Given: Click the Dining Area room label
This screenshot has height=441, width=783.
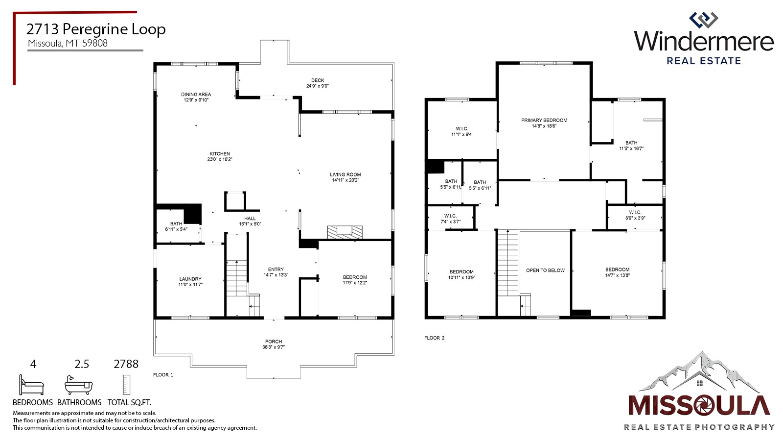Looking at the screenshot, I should (x=196, y=94).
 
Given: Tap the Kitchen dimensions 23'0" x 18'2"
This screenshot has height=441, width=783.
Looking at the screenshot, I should (x=220, y=159).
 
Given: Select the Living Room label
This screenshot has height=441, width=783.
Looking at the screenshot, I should (x=345, y=174).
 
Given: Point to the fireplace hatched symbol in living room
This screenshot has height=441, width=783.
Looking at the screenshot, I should (x=345, y=232).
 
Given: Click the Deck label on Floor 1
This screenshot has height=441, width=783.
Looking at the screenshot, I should (x=318, y=80).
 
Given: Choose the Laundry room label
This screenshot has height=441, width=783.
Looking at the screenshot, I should (x=190, y=279).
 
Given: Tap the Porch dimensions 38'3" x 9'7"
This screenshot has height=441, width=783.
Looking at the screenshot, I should (x=274, y=347).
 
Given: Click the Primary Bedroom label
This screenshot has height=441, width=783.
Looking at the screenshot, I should (x=544, y=120).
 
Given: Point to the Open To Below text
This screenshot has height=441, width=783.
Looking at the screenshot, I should (x=545, y=270).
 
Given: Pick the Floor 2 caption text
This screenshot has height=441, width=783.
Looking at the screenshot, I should (x=434, y=338).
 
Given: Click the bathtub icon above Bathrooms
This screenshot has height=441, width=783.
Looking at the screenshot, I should (x=79, y=386).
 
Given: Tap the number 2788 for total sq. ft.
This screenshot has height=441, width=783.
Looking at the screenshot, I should (x=126, y=364).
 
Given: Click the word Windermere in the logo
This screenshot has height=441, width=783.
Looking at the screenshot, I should (x=704, y=41).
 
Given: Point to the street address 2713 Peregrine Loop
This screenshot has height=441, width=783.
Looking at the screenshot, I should (x=96, y=29).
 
